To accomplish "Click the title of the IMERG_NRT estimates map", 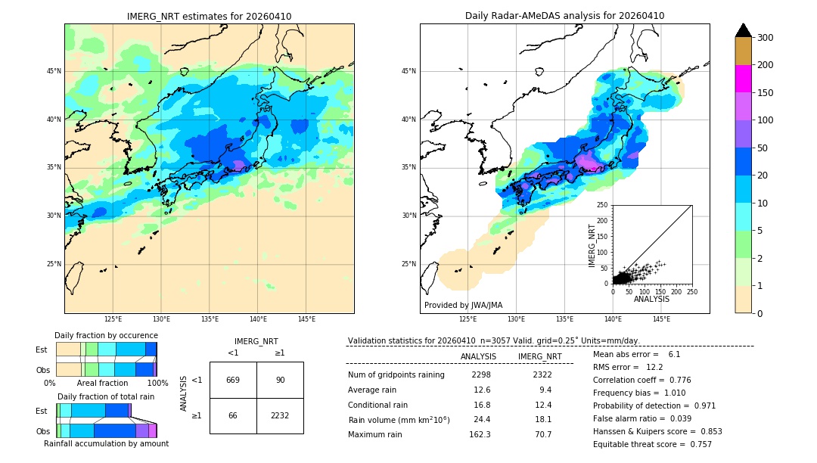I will click(209, 17).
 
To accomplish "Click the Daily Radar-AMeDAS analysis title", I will click(564, 17).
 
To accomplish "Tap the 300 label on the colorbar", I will click(765, 38).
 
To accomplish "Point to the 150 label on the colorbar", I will click(765, 93).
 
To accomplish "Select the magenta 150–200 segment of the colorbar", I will click(743, 79).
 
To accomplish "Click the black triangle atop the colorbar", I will click(743, 30).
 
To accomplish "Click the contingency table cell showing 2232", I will click(280, 415).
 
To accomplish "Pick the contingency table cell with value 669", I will click(233, 380).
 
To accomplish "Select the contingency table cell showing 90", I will click(280, 380).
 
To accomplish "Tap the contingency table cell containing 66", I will click(233, 415).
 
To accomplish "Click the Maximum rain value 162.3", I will click(480, 435).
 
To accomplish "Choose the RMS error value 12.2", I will click(654, 368).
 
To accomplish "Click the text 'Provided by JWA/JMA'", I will click(463, 306).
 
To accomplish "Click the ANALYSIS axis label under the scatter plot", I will click(651, 299).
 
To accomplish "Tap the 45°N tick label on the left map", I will click(54, 71).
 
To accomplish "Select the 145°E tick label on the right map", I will click(661, 319).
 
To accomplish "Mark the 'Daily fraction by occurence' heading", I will click(106, 336).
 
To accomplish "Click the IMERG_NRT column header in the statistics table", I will click(539, 356).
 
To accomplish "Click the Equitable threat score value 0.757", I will click(697, 445).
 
